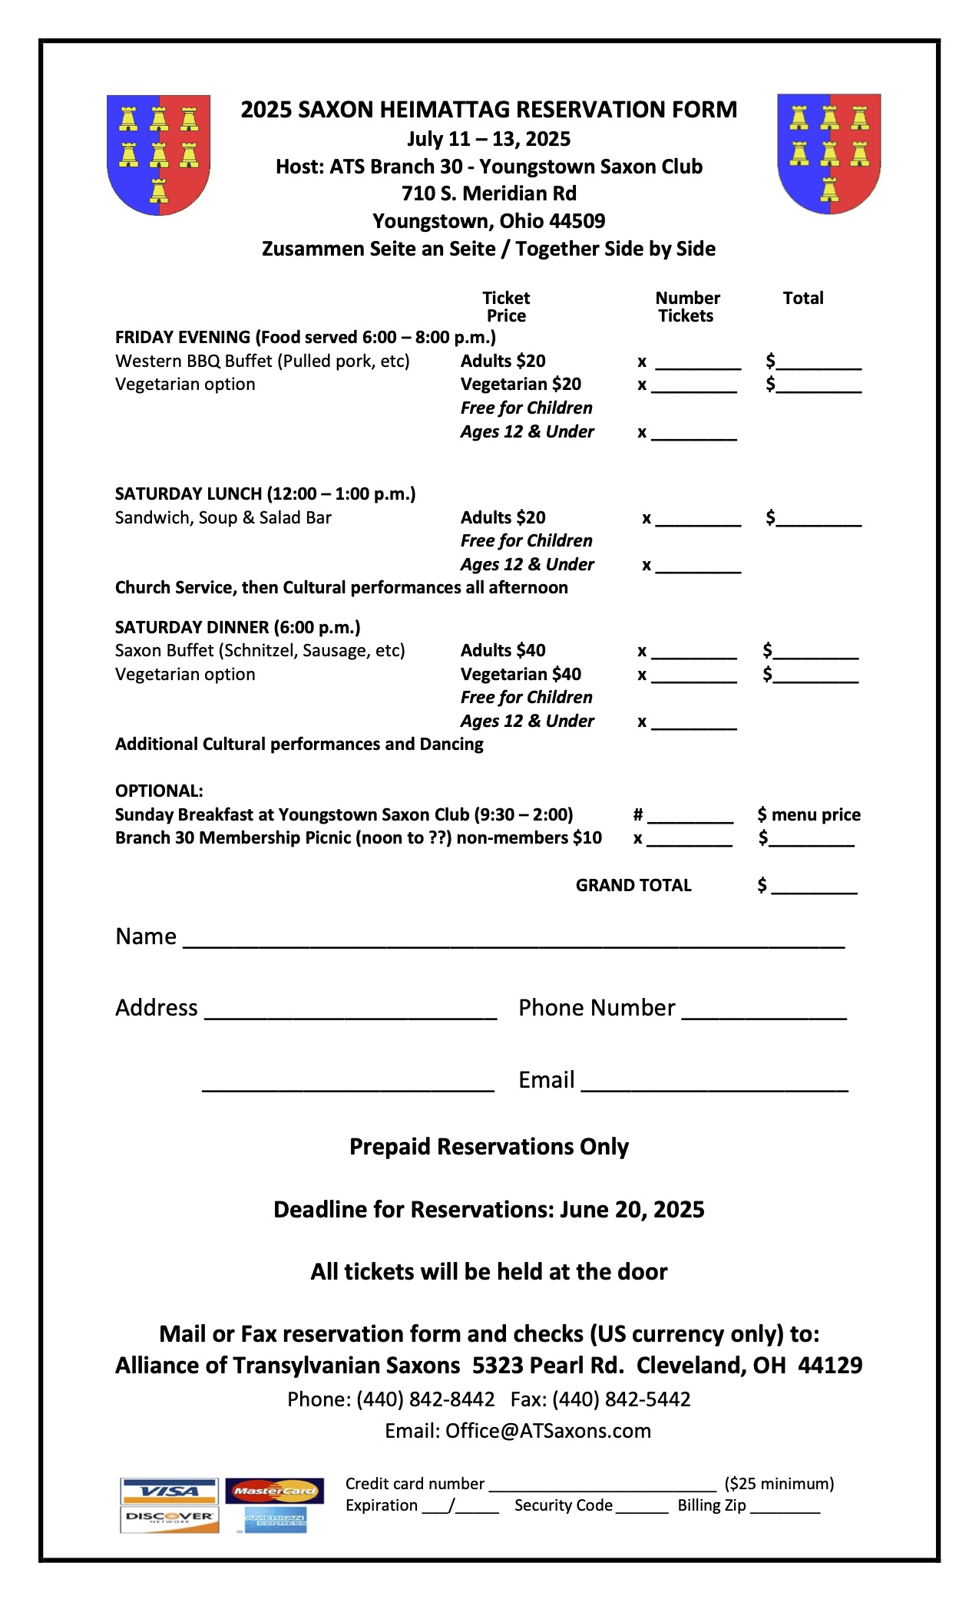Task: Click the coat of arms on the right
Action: [x=829, y=153]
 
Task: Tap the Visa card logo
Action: [x=169, y=1491]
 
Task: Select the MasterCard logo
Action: [x=274, y=1491]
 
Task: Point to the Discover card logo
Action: [x=169, y=1518]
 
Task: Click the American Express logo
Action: [x=275, y=1519]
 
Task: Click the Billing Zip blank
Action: [x=785, y=1508]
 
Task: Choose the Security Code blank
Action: [x=642, y=1508]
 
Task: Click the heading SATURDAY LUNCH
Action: [x=265, y=494]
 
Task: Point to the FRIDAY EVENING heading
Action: [x=305, y=337]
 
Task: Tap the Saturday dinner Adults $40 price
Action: [x=503, y=650]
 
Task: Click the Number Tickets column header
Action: [x=687, y=306]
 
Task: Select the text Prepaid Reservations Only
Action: [x=489, y=1146]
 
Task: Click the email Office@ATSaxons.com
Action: [x=548, y=1431]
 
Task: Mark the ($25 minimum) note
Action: [x=779, y=1483]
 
